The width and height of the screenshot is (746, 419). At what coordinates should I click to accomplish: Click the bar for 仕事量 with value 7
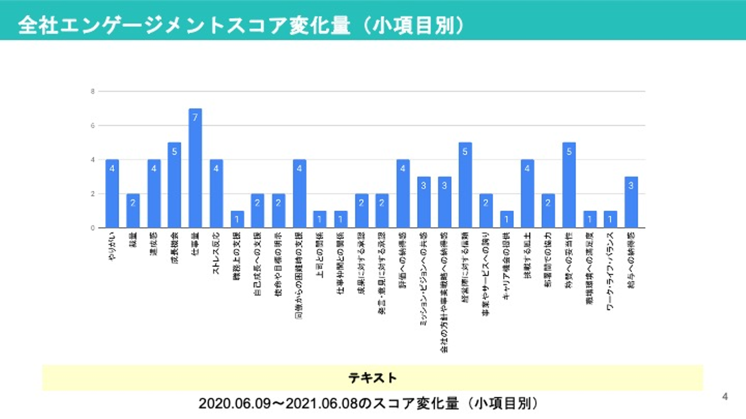195,168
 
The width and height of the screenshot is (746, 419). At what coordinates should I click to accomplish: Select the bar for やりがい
112,193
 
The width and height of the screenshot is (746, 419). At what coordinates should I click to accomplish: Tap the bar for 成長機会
175,185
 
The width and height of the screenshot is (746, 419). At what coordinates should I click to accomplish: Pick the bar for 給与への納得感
631,202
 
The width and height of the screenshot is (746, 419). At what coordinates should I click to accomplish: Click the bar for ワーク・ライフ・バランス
610,219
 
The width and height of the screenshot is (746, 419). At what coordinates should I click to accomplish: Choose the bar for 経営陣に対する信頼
465,185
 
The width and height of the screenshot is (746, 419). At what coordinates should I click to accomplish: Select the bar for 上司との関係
320,219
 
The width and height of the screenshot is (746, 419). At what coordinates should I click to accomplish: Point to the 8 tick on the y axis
93,92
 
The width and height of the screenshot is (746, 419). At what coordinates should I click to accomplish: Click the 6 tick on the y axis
93,126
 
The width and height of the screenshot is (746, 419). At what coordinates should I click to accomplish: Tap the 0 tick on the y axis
93,228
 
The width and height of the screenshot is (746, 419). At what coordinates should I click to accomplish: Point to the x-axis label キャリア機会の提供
507,264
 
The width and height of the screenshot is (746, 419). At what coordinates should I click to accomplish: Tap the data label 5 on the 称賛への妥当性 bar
569,151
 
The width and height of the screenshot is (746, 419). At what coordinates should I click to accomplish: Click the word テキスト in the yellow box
372,378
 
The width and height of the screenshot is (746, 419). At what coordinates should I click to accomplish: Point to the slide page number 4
725,397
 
